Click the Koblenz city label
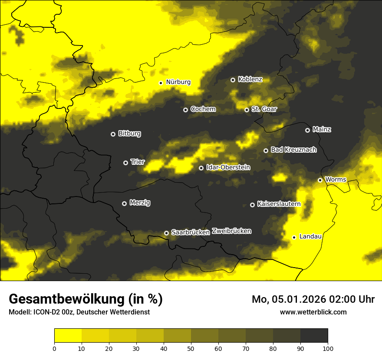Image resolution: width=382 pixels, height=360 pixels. coord(250,79)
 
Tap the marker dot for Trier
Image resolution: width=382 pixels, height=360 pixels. coord(126,163)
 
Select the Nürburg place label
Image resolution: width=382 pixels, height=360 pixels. coord(178,82)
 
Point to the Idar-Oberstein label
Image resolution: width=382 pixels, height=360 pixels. coord(228,167)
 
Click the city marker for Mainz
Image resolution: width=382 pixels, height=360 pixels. coord(307,130)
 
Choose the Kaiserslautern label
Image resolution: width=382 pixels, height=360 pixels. coord(279,204)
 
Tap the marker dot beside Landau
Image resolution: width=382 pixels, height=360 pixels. coord(294,237)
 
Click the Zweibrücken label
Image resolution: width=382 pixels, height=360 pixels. coord(231,231)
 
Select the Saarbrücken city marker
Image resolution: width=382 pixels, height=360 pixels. coord(166,233)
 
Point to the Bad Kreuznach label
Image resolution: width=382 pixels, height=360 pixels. coord(293,150)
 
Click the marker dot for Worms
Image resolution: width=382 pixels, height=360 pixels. coord(320,180)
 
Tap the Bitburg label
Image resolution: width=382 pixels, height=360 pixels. coord(129,134)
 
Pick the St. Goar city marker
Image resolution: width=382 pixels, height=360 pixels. coord(247,110)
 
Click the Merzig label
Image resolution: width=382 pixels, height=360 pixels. coord(140,203)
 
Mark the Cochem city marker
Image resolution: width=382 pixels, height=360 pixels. coord(185,110)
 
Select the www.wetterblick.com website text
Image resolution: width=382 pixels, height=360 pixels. coord(313,312)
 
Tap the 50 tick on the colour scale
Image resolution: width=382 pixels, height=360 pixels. coord(191,348)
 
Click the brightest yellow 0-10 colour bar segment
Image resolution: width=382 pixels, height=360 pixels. coord(68,336)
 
